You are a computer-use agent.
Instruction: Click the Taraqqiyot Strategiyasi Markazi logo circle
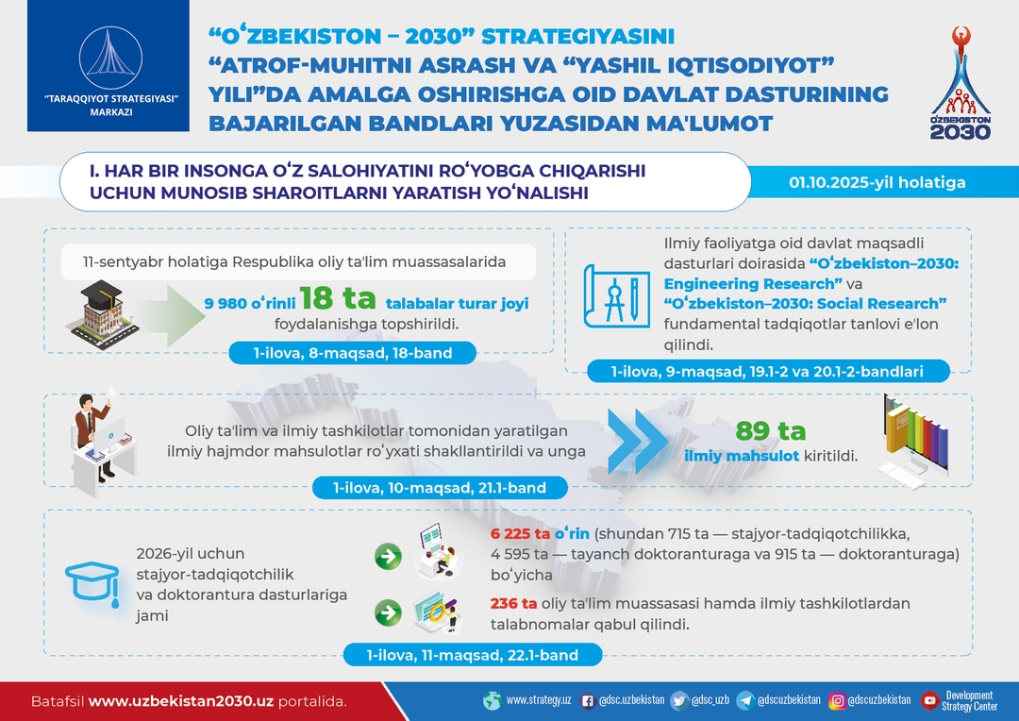click(x=110, y=58)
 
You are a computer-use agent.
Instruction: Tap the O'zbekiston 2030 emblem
click(x=960, y=83)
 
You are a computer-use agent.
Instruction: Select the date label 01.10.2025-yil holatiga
click(x=877, y=183)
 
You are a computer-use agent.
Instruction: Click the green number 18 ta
click(x=337, y=298)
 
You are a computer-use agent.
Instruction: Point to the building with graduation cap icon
click(x=104, y=314)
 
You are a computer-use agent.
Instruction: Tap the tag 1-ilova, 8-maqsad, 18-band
click(x=352, y=353)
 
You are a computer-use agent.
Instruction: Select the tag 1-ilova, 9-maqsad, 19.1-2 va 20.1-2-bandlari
click(x=767, y=371)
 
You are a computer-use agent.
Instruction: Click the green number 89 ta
click(x=771, y=430)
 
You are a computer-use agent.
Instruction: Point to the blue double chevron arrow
click(x=637, y=441)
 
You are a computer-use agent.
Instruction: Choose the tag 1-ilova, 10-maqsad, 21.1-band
click(x=440, y=488)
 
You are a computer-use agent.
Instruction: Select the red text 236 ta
click(x=513, y=603)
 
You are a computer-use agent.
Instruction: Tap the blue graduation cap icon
click(x=92, y=584)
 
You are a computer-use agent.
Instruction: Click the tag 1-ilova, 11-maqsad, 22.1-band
click(x=473, y=655)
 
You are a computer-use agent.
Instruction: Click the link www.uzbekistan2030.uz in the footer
click(x=180, y=701)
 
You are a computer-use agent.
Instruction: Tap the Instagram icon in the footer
click(x=837, y=700)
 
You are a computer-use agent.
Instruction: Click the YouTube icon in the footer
click(x=929, y=700)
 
